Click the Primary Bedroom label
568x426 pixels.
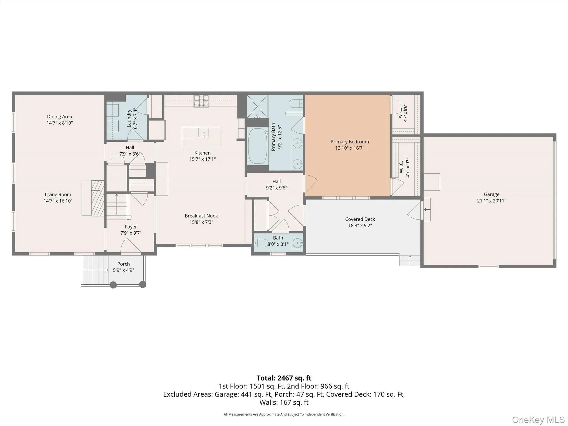pos(349,142)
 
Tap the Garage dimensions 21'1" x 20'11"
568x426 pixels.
pos(491,201)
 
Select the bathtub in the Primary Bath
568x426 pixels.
pos(258,146)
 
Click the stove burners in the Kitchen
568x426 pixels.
pos(201,101)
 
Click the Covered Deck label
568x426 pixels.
pos(360,219)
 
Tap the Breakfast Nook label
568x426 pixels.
pos(201,216)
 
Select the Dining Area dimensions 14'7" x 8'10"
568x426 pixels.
pos(60,123)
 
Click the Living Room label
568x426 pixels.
pos(58,195)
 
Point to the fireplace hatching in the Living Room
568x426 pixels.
pos(98,198)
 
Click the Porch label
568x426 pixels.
pos(123,264)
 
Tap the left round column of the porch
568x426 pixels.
pos(113,285)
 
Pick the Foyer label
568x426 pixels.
pos(131,227)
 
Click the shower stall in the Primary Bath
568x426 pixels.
pos(257,106)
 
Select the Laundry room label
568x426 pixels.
pos(129,118)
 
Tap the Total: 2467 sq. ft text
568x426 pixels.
pos(284,378)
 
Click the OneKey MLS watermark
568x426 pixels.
pos(538,420)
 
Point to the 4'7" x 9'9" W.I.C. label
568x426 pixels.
pos(404,167)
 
